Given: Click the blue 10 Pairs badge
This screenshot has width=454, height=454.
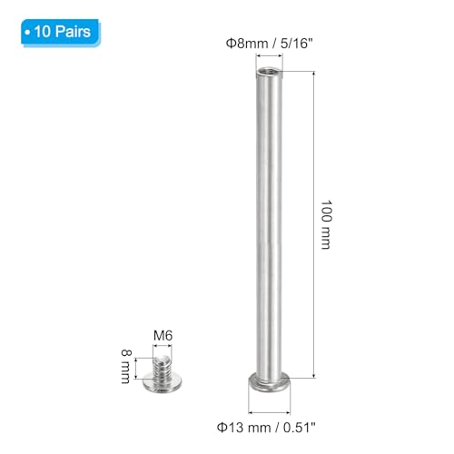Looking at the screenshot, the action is (61, 32).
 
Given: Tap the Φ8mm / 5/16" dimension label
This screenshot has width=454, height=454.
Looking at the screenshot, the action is (269, 44).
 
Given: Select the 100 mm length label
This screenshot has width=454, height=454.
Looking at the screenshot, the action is (326, 224).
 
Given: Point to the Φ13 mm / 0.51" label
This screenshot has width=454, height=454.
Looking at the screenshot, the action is (266, 428).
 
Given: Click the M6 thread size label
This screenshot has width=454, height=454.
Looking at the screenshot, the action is (163, 335).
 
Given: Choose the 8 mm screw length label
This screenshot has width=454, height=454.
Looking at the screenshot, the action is (126, 366).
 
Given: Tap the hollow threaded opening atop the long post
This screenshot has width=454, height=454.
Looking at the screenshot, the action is (270, 72).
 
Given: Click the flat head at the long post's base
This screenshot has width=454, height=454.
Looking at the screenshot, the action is (270, 383).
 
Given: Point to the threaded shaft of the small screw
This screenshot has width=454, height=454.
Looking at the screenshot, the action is (163, 368).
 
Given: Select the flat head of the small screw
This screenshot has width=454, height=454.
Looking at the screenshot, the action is (163, 383).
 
